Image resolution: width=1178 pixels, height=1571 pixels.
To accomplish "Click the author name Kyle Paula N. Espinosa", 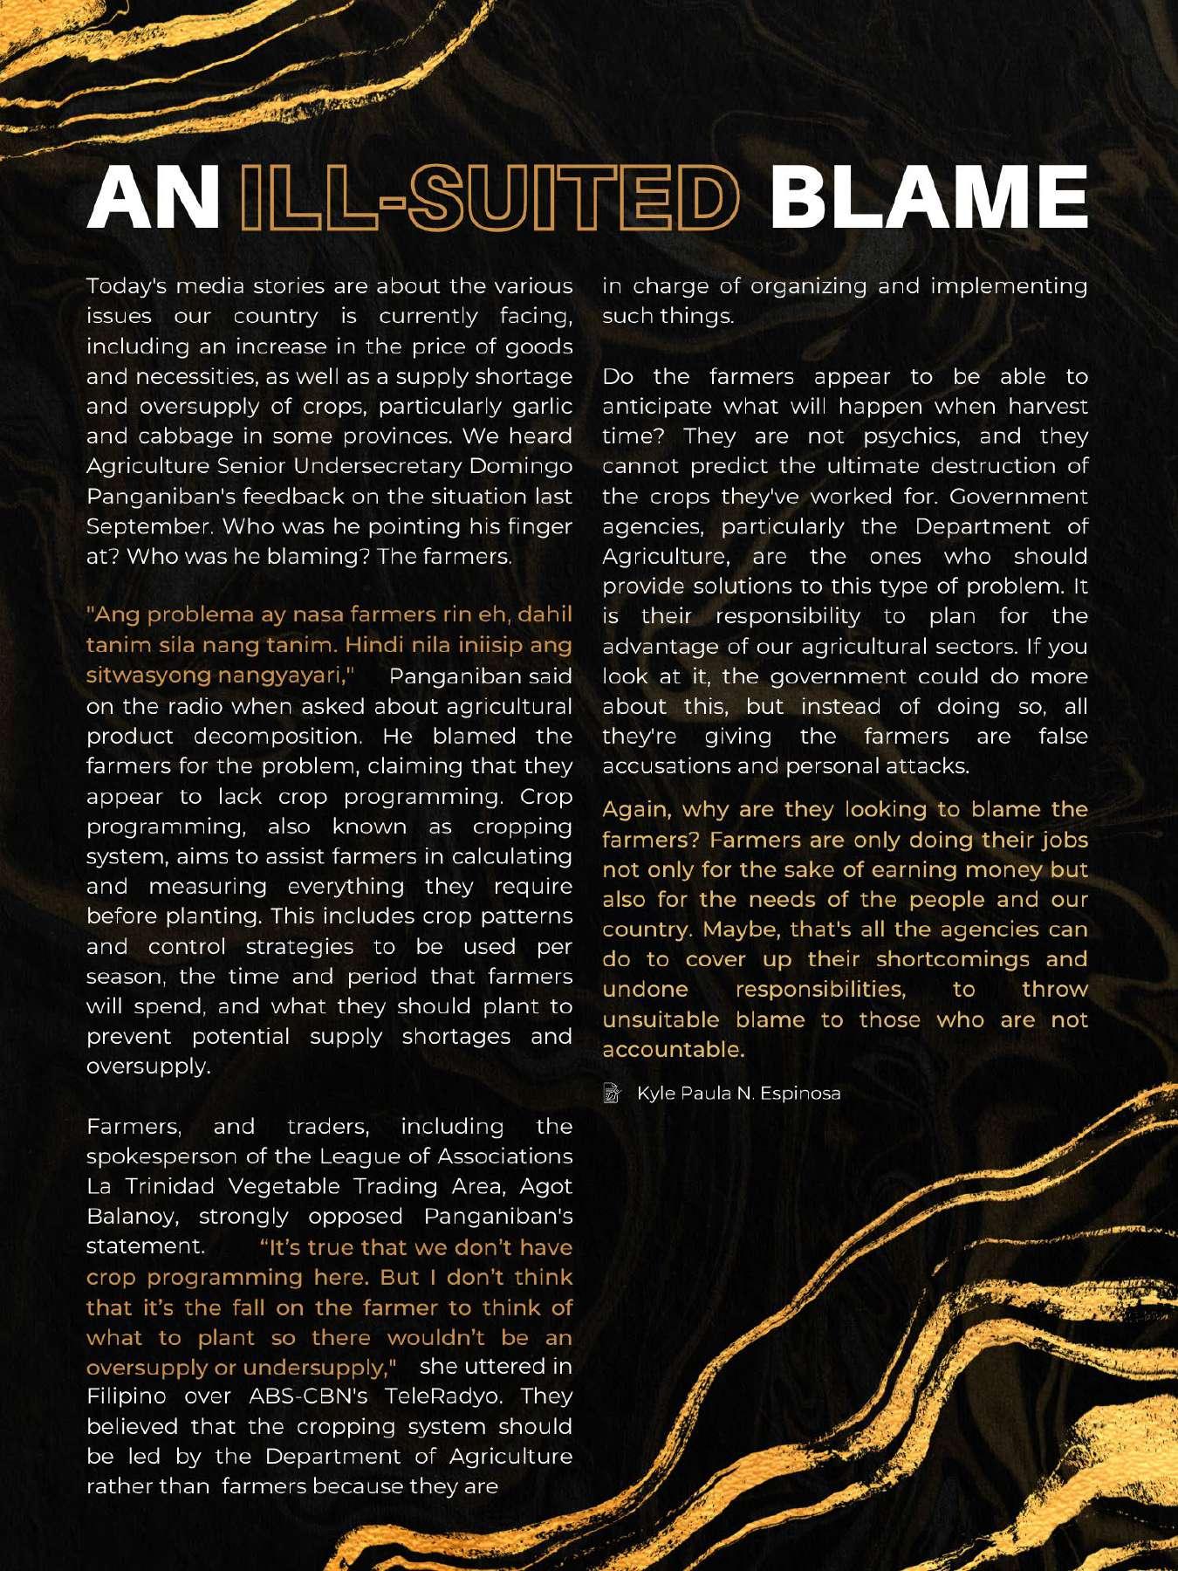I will pos(739,1093).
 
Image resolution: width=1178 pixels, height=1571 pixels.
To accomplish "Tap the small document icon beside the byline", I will pos(613,1093).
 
